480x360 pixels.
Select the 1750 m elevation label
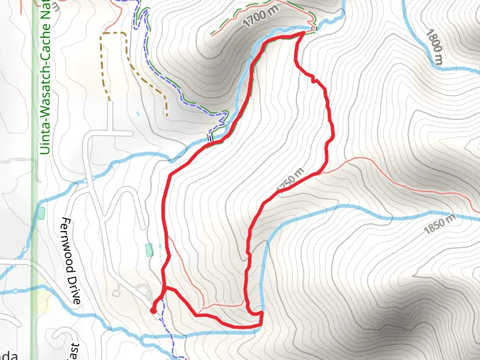(292, 182)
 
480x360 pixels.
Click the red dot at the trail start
(153, 310)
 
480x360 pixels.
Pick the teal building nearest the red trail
(149, 249)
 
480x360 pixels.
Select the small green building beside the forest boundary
(41, 212)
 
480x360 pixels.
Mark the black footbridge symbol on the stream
(209, 139)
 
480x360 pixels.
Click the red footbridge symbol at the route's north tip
(313, 27)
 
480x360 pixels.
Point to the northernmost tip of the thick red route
(301, 35)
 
